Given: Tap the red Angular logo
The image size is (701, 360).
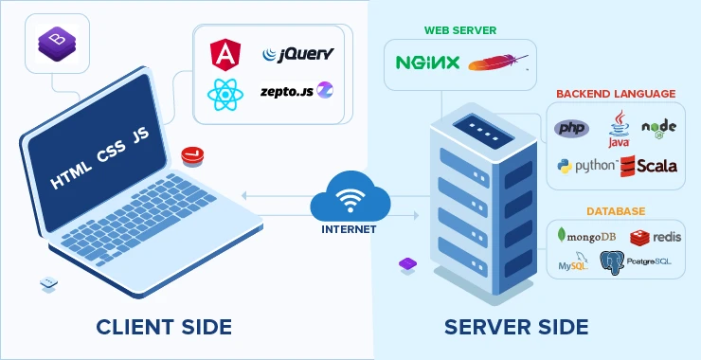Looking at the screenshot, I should [x=228, y=53].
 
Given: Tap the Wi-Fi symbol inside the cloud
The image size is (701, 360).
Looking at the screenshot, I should [x=352, y=200].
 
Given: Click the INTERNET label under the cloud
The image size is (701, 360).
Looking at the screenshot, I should [x=352, y=228].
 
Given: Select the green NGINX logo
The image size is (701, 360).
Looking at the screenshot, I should [x=427, y=63].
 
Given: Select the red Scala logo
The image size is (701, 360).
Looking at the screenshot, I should [x=649, y=165].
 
